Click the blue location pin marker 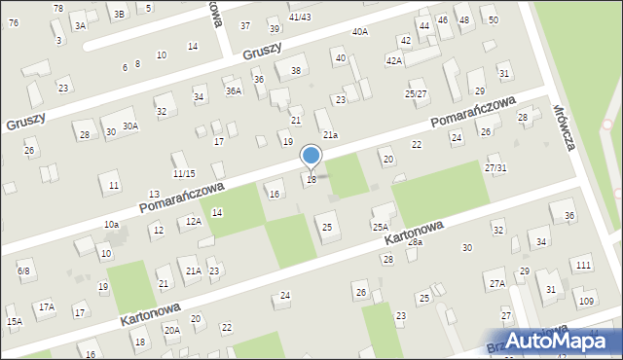(x=311, y=156)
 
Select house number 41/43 (x=300, y=17)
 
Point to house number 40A (x=360, y=32)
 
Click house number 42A (x=393, y=60)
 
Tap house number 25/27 (x=416, y=93)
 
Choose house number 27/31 (x=495, y=167)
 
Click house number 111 (x=583, y=266)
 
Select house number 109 (x=586, y=302)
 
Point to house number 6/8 (x=23, y=270)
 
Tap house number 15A (x=14, y=321)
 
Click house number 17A (x=46, y=307)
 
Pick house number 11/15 (x=184, y=173)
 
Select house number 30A (x=130, y=126)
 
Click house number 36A (x=234, y=90)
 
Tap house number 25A (x=380, y=227)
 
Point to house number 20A (x=171, y=330)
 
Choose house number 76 (x=13, y=22)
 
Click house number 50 (x=494, y=20)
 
